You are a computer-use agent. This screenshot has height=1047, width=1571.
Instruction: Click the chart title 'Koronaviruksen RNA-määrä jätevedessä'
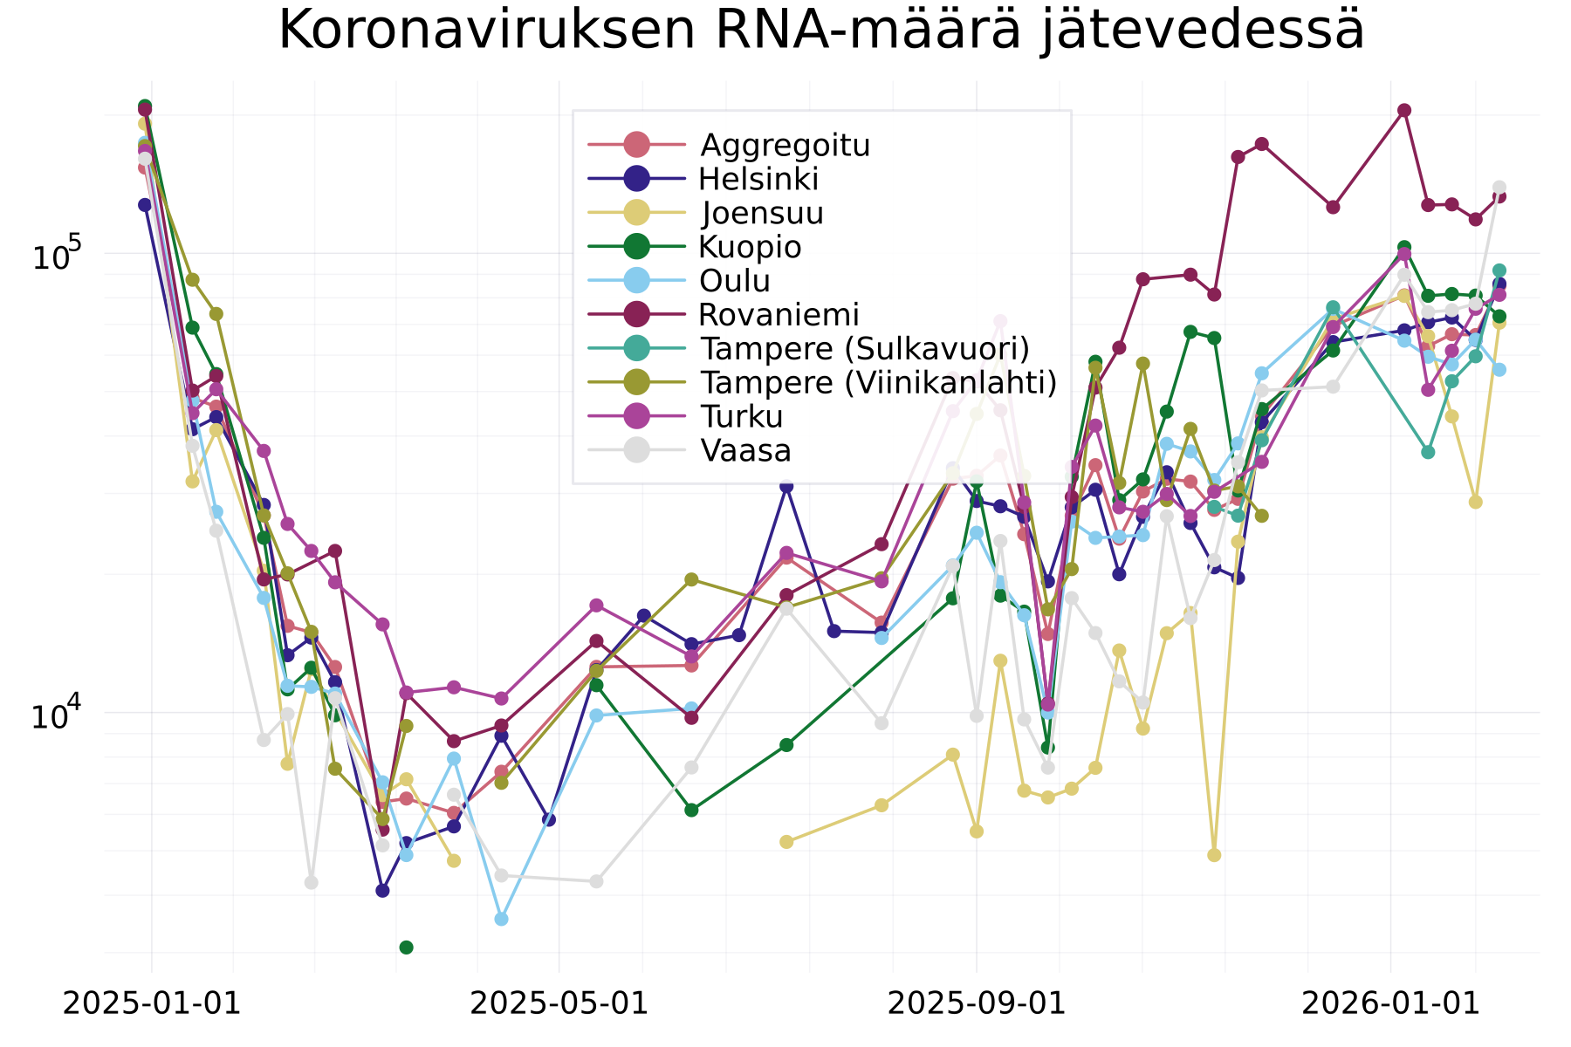click(820, 31)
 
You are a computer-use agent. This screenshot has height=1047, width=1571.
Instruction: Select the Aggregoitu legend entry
click(785, 145)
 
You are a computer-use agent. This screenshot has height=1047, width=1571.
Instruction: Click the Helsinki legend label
click(758, 179)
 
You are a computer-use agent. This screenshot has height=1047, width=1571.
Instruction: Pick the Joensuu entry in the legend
click(762, 213)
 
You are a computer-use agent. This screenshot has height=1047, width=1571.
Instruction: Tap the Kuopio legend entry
click(750, 247)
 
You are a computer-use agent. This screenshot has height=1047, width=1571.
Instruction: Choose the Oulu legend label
click(734, 281)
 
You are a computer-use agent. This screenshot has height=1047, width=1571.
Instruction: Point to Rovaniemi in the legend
click(779, 314)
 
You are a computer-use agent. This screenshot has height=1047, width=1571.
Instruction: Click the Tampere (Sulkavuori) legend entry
click(864, 348)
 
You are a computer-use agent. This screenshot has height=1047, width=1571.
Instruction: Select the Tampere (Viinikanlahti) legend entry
click(878, 382)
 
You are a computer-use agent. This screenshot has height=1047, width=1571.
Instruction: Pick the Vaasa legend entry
click(744, 450)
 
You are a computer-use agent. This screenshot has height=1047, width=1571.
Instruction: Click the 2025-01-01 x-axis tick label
click(152, 1003)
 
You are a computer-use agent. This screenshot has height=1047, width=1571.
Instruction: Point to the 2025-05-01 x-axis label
click(559, 1003)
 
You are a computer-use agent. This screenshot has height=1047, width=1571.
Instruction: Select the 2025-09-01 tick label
click(976, 1003)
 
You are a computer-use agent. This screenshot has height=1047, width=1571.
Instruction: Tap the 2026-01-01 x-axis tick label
click(1390, 1003)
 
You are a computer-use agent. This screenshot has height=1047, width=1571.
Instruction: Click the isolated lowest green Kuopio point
click(406, 948)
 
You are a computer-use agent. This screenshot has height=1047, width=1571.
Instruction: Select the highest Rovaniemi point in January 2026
click(1404, 110)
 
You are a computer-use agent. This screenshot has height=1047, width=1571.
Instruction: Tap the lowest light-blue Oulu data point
click(501, 919)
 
